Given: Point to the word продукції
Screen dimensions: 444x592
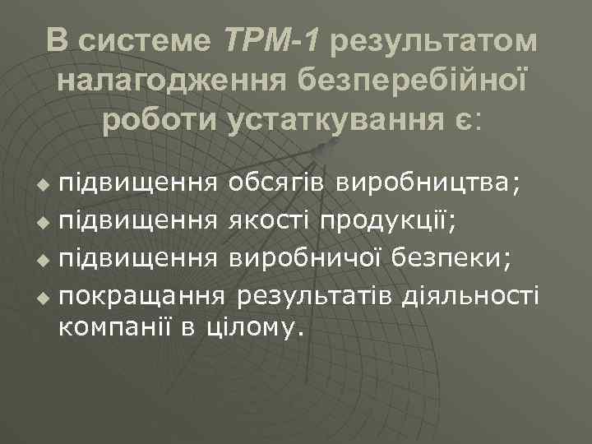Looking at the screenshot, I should point(395,220).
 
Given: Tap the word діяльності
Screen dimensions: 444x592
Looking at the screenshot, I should point(469,294).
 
